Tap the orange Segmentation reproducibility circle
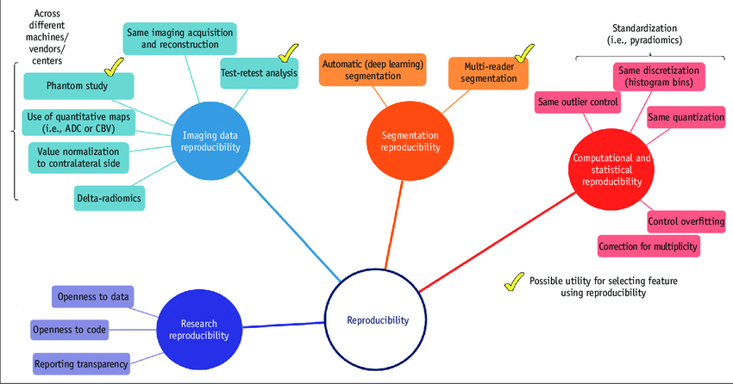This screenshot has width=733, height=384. coord(404,140)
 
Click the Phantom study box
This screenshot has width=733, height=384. coord(78,85)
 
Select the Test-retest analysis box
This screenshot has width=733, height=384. coord(259,73)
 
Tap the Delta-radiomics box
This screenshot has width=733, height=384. coord(109,198)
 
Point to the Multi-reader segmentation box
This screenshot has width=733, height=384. coord(488,72)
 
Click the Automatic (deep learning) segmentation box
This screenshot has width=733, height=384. coord(373,71)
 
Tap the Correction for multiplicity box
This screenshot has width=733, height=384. coord(648,247)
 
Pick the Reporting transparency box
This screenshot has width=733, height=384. coord(82,363)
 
